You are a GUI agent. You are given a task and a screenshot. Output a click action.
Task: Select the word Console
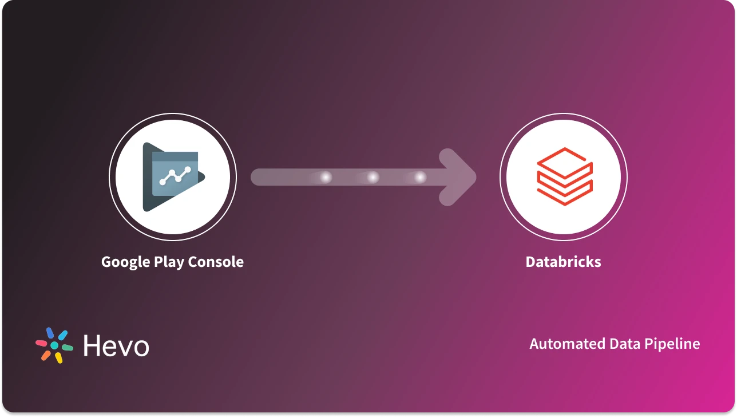click(x=216, y=262)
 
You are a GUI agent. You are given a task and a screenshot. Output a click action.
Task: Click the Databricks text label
click(x=563, y=262)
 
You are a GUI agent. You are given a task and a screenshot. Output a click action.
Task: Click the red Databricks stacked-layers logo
click(x=564, y=176)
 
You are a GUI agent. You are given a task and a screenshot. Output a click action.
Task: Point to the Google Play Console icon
click(x=173, y=177)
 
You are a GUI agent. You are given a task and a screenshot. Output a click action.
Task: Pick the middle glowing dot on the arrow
click(x=373, y=178)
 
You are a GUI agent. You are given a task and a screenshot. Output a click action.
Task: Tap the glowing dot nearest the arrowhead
click(x=420, y=178)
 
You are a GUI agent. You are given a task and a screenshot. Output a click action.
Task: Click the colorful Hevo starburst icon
click(x=54, y=345)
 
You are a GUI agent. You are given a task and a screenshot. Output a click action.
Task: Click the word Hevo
click(x=116, y=346)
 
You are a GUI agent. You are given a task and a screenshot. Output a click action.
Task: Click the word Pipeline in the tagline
click(x=672, y=344)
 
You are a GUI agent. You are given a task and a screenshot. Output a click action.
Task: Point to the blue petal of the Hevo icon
click(x=49, y=332)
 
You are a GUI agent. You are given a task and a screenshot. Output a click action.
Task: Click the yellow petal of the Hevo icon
click(x=58, y=358)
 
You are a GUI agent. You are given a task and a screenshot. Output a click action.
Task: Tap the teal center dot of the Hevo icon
click(x=54, y=345)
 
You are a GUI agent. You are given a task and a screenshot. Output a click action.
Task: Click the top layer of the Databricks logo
click(x=564, y=159)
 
